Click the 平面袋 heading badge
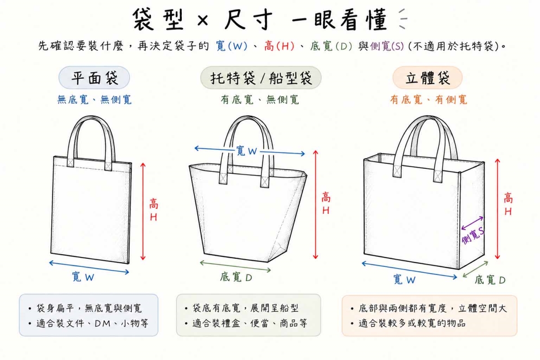coord(94,78)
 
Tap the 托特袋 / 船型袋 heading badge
coord(261,78)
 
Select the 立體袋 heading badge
coord(427,78)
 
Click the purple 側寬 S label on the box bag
coord(473,236)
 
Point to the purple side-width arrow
coord(472,223)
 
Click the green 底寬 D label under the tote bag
coord(236,277)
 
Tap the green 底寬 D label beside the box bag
coord(490,280)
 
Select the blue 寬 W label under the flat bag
coord(83,277)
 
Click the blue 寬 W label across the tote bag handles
coord(247,151)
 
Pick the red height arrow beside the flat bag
coord(143,211)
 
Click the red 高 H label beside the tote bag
coord(326,204)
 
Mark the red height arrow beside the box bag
coord(497,209)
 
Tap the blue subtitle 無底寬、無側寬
coord(94,99)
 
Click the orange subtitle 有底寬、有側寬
coord(428,99)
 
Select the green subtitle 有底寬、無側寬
coord(260,99)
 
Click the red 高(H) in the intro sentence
coord(279,46)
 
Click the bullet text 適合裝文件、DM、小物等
coord(92,324)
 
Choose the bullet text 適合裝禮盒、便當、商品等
coord(250,324)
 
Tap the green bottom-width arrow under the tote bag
coord(235,266)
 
